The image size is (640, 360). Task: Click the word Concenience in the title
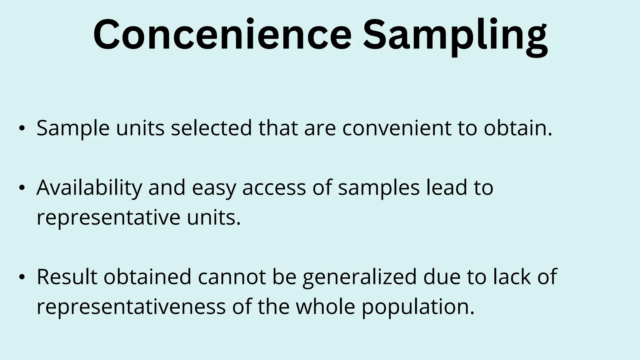click(222, 35)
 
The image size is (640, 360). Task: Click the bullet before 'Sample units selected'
click(21, 128)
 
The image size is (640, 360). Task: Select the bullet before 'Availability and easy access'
click(21, 188)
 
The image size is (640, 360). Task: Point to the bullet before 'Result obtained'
click(21, 277)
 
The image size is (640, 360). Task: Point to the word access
click(274, 188)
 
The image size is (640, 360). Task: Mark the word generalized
click(360, 277)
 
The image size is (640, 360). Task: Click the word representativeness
click(131, 307)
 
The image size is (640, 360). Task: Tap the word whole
click(325, 307)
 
